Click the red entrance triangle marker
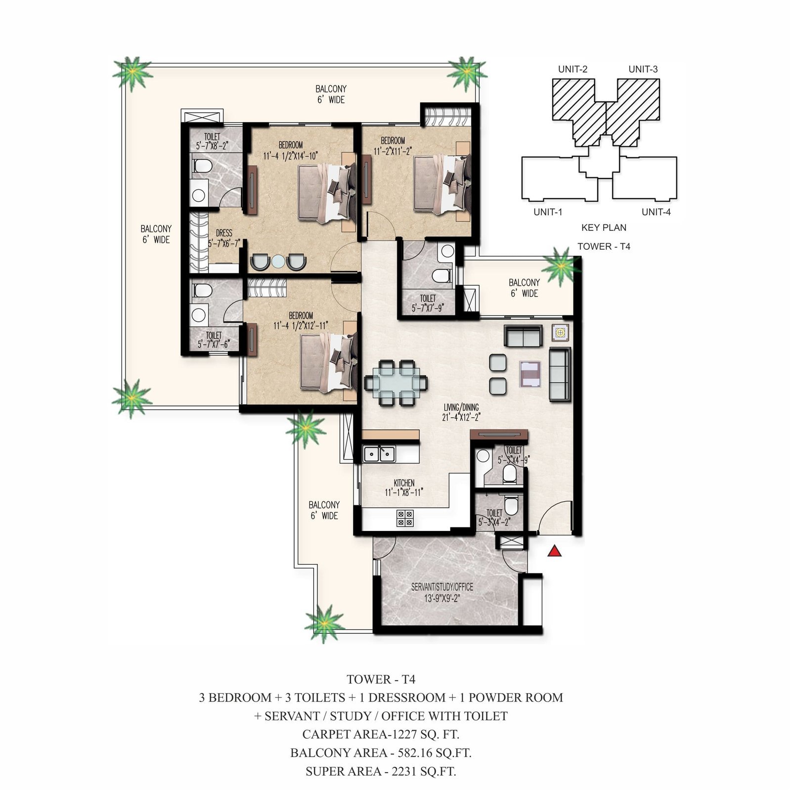click(x=555, y=550)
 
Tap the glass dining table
click(x=396, y=383)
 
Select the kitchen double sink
click(x=379, y=453)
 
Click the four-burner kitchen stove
click(x=405, y=518)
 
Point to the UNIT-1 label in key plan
click(x=548, y=212)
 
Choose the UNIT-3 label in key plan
click(x=643, y=69)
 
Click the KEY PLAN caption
click(x=604, y=227)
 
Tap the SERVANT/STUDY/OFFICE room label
click(x=442, y=587)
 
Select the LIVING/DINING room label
click(x=461, y=407)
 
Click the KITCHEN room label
click(x=404, y=483)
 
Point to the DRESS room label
click(x=224, y=233)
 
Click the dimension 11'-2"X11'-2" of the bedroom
click(x=393, y=151)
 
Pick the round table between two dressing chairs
click(x=278, y=262)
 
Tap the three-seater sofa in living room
click(x=560, y=374)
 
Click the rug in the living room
click(x=530, y=374)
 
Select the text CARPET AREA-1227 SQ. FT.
click(x=381, y=734)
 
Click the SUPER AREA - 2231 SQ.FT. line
click(x=381, y=771)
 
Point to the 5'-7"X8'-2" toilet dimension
click(x=212, y=146)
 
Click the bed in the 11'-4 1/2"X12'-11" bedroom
click(x=328, y=363)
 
